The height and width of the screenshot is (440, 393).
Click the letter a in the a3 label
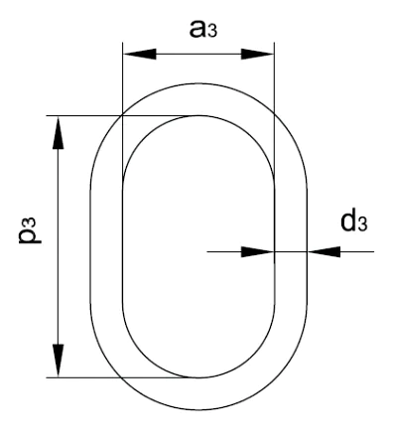click(198, 29)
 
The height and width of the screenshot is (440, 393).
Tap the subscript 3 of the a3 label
click(212, 32)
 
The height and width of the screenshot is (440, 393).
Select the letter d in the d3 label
click(348, 220)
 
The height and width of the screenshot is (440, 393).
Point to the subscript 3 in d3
click(362, 224)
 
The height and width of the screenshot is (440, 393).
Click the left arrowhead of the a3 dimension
click(139, 54)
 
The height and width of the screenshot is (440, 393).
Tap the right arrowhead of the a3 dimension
click(257, 54)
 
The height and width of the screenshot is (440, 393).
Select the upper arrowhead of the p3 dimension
click(59, 132)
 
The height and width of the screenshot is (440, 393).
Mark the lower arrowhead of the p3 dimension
click(59, 361)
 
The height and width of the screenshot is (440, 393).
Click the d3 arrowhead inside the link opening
click(257, 251)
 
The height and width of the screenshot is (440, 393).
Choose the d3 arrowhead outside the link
click(324, 251)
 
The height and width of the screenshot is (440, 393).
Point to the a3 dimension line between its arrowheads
click(198, 54)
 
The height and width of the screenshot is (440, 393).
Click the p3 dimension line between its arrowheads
click(59, 246)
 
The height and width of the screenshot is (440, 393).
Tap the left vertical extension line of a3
click(123, 112)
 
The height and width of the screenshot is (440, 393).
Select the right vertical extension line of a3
click(274, 112)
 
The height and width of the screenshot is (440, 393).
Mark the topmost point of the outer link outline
click(198, 83)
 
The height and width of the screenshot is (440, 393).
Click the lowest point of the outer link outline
click(198, 410)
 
